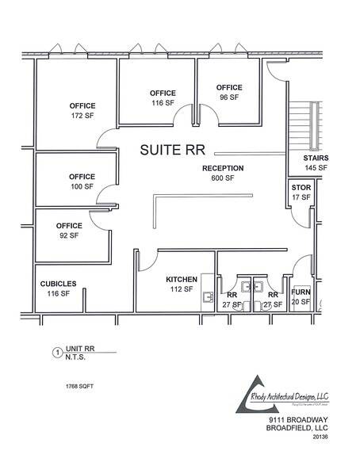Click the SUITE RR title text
tap(172, 150)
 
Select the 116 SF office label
tap(163, 98)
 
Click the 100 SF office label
tap(81, 181)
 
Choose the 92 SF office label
tap(69, 230)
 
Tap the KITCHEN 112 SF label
tap(180, 285)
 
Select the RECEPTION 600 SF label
tap(222, 173)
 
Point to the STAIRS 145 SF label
tap(316, 162)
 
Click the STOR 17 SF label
tap(301, 192)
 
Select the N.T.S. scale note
tap(82, 359)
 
